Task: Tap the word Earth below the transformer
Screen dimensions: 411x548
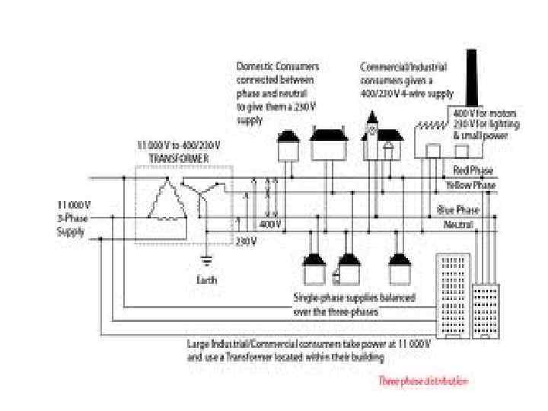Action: (206, 280)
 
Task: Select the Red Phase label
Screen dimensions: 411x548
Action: (473, 170)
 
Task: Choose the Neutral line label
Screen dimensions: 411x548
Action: (459, 225)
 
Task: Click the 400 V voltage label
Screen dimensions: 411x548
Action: (269, 225)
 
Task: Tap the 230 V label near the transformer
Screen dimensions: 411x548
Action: (246, 242)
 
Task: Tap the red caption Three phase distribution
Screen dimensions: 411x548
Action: (424, 381)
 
